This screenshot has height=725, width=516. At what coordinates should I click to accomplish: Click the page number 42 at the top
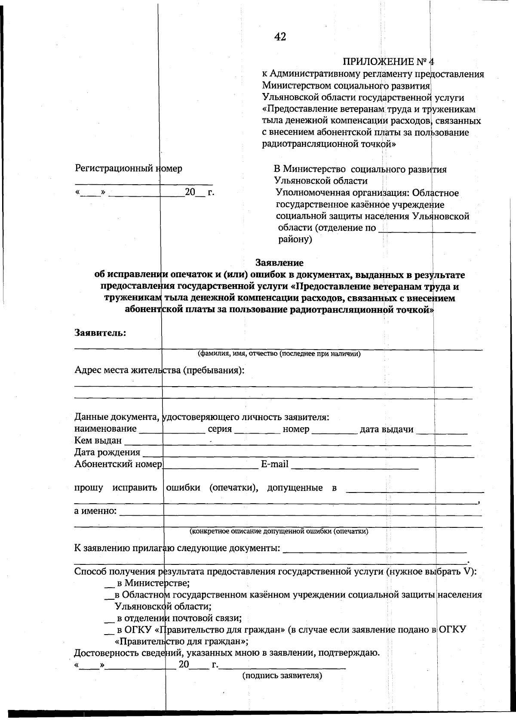click(x=280, y=37)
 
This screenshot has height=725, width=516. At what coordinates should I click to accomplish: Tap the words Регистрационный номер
click(x=128, y=168)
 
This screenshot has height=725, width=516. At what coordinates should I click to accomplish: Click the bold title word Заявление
click(x=279, y=263)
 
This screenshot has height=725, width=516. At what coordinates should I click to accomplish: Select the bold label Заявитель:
click(x=100, y=333)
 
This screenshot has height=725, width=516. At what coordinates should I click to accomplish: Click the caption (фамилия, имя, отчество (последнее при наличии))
click(x=279, y=354)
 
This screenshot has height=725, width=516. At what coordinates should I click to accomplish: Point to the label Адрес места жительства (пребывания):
click(x=159, y=370)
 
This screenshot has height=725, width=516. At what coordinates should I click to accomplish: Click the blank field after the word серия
click(x=257, y=430)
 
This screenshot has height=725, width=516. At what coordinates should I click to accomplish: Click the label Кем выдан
click(x=98, y=441)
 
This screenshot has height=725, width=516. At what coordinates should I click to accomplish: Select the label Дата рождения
click(x=107, y=452)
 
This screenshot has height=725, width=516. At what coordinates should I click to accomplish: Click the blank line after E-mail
click(x=355, y=465)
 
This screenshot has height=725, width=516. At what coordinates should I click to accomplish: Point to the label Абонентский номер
click(x=118, y=464)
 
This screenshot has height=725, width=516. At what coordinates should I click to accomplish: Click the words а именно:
click(x=95, y=511)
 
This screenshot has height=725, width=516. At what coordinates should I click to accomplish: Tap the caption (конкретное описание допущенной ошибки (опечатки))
click(x=279, y=531)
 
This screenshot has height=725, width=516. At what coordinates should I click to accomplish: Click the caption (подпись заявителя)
click(x=282, y=676)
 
